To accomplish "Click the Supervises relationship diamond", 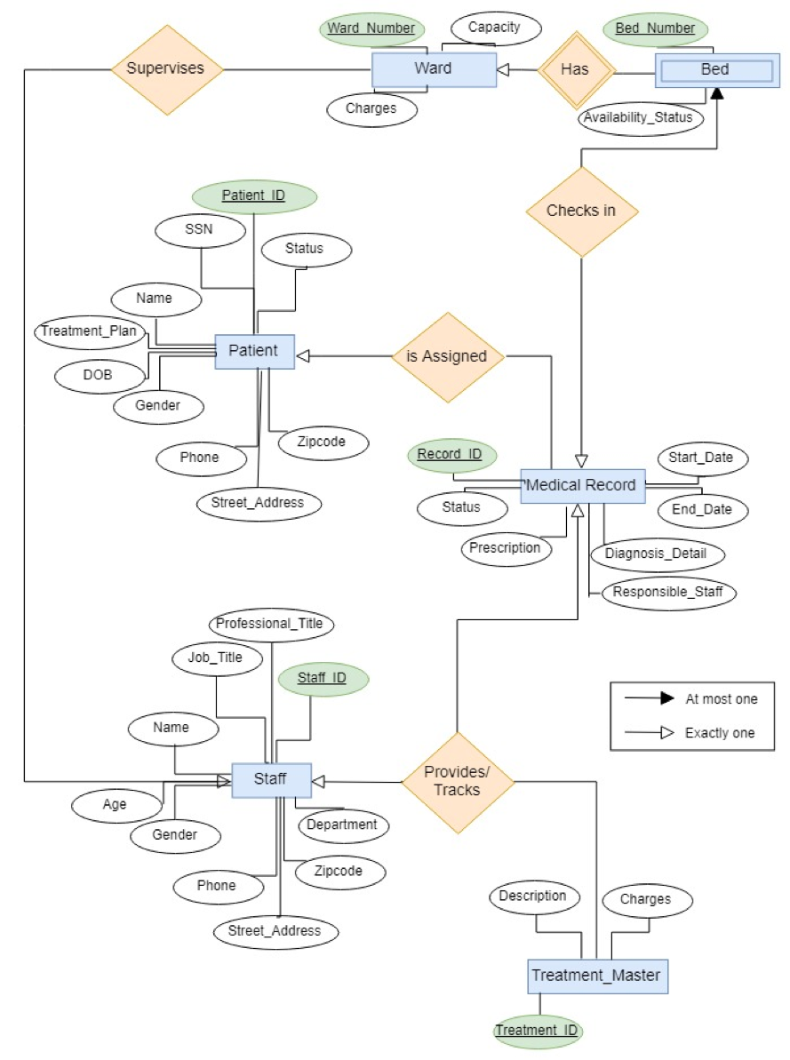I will (x=167, y=68).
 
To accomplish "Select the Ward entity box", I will (x=434, y=68).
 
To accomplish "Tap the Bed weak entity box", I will (x=714, y=70).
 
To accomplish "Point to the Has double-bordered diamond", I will (x=575, y=69).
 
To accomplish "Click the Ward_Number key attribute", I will (x=371, y=28).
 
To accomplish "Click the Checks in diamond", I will (x=581, y=211).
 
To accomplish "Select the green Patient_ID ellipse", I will (x=254, y=196).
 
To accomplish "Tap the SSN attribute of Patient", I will (x=198, y=231).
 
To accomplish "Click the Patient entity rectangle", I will (x=253, y=351).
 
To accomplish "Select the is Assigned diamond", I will (x=447, y=356).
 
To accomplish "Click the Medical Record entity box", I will (x=581, y=485).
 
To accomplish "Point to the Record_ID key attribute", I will (x=450, y=454).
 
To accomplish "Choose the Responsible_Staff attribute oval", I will (x=669, y=592).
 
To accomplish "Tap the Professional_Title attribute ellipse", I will (x=270, y=624).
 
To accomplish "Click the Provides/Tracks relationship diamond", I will (x=458, y=782).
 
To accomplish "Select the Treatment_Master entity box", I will (x=596, y=976).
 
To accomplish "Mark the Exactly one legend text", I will (x=721, y=733).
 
